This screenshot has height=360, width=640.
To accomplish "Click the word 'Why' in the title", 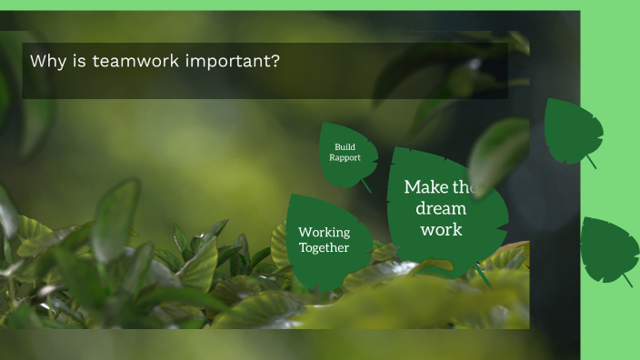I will click(46, 62).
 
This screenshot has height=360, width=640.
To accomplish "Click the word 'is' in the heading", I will click(76, 62).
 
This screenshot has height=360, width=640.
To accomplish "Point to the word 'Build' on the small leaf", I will click(345, 146).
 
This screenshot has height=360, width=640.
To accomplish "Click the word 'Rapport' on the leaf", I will click(345, 157).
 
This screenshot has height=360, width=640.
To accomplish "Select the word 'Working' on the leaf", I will click(324, 232).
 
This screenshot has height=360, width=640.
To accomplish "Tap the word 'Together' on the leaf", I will click(324, 247).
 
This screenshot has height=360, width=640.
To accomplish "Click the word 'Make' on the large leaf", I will click(425, 187).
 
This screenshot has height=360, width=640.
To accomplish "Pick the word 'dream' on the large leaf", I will click(440, 208).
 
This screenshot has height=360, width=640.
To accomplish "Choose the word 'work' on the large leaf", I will click(441, 229).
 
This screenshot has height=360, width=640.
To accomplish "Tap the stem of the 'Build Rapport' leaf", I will click(366, 185).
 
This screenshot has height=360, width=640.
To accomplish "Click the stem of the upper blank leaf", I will click(591, 162).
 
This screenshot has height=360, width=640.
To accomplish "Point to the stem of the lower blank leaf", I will click(626, 280).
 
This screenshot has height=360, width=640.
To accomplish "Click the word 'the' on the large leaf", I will click(463, 187).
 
